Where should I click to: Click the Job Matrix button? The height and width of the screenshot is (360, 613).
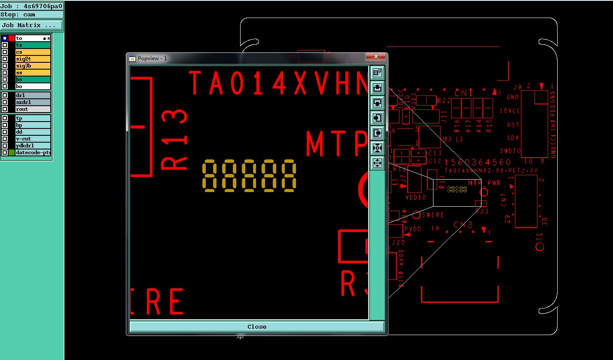32,25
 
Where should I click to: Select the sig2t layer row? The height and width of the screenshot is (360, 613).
33,59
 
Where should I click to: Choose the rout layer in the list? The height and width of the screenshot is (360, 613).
33,109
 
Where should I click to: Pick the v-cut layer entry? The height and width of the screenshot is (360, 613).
33,139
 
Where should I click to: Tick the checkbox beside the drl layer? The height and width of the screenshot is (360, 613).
5,95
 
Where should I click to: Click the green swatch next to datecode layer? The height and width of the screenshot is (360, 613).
12,153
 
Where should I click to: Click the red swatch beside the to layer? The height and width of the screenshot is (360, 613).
12,38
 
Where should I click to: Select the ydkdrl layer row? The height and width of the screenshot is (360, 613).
33,146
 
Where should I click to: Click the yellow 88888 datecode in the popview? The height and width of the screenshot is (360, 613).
250,176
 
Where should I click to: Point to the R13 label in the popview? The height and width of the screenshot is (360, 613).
174,140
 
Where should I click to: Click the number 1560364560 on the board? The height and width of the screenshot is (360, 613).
478,162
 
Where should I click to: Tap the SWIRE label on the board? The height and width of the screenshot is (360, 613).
433,215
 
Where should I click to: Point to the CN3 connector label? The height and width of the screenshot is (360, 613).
463,225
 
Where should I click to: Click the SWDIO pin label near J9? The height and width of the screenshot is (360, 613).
510,151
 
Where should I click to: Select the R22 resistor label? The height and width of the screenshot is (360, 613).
444,101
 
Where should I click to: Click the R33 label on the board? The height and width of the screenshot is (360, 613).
482,211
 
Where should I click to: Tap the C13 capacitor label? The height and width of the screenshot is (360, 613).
435,153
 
